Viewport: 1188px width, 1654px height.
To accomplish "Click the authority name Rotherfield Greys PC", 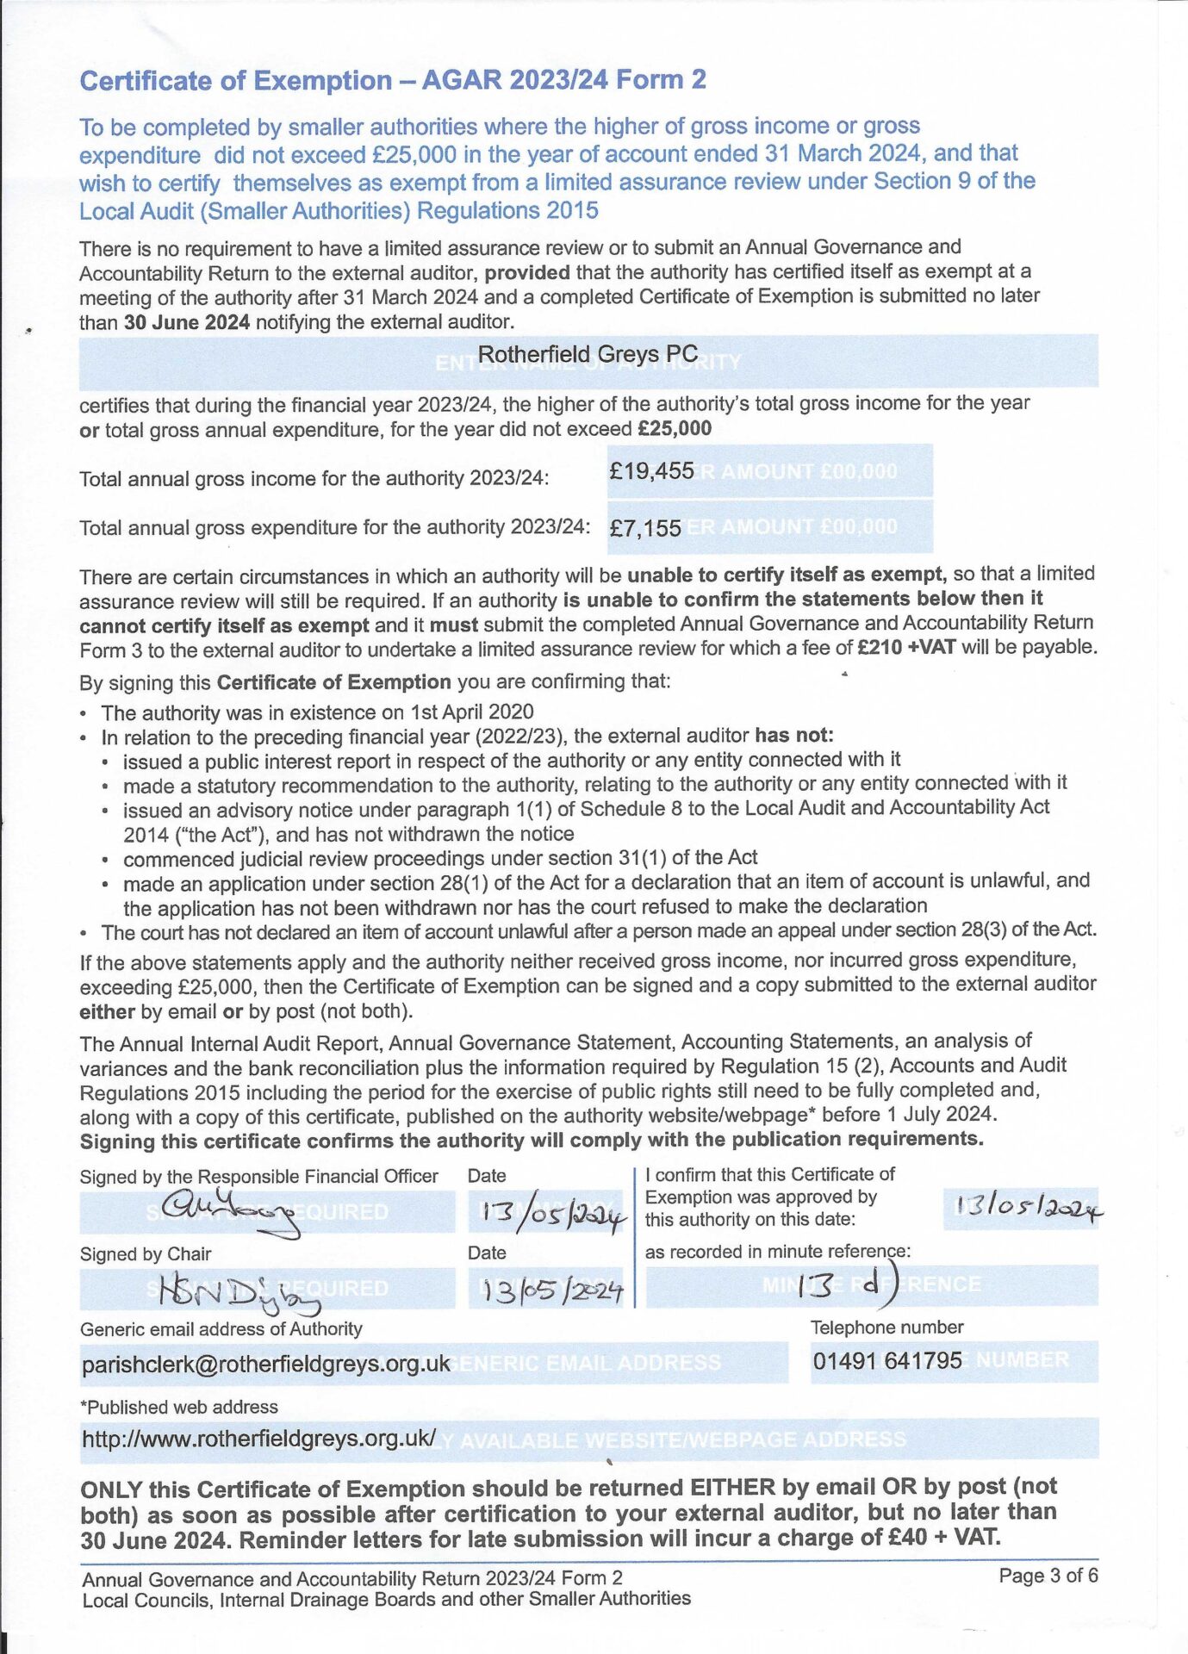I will [x=588, y=354].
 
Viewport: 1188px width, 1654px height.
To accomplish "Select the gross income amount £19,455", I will [x=651, y=471].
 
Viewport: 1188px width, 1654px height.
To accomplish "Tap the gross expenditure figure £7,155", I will [x=645, y=528].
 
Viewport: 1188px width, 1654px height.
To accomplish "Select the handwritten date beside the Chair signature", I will [x=551, y=1290].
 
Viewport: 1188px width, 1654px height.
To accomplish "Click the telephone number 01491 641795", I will [x=887, y=1361].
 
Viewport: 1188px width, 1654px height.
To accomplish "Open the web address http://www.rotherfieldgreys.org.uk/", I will [x=258, y=1439].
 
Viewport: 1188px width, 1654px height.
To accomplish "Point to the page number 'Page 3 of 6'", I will [x=1048, y=1576].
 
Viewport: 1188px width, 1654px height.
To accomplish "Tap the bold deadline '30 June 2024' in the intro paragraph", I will [x=187, y=323].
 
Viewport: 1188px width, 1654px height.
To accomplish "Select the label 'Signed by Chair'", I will [x=146, y=1254].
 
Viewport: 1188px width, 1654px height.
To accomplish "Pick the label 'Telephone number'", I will [x=886, y=1328].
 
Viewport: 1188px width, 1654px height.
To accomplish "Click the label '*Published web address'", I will [x=179, y=1407].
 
